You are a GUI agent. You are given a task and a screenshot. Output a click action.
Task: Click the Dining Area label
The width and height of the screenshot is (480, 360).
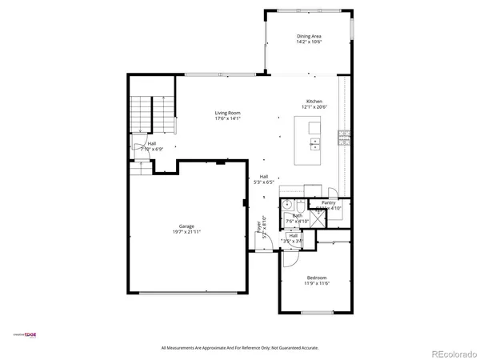click(x=310, y=36)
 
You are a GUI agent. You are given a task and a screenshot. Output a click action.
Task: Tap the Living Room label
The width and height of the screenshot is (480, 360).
click(x=227, y=113)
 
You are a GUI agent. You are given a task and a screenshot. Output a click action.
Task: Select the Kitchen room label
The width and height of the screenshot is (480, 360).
click(x=314, y=101)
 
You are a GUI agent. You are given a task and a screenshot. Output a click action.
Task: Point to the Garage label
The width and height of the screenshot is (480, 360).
click(x=186, y=226)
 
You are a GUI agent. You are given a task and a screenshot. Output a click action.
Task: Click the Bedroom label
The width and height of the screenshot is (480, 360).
click(x=317, y=278)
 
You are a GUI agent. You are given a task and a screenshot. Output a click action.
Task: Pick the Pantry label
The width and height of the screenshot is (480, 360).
click(x=329, y=203)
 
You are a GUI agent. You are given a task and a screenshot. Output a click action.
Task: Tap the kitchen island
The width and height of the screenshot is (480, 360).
click(x=309, y=134)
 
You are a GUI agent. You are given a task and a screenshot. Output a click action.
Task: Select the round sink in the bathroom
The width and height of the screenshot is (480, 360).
click(x=286, y=206)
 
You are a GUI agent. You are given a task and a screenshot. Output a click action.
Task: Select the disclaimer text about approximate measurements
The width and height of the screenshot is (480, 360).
click(x=240, y=348)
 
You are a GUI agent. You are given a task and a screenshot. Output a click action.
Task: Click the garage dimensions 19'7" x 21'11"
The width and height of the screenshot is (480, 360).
click(x=186, y=232)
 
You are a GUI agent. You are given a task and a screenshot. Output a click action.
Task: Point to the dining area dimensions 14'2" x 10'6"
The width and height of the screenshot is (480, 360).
click(x=310, y=42)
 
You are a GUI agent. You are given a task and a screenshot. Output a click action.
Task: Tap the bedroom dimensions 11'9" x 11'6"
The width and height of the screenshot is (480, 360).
click(x=317, y=283)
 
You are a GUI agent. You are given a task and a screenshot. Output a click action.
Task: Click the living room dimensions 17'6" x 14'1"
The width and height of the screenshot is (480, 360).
click(x=227, y=118)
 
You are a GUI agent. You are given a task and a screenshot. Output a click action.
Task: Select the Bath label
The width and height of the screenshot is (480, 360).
click(x=298, y=215)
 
